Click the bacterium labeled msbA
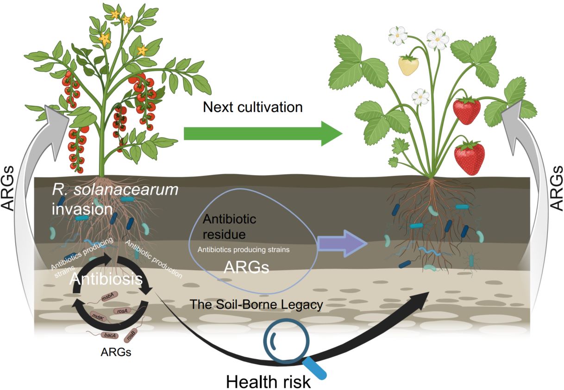tap(108, 300)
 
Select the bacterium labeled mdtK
tap(98, 317)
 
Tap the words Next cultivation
tap(253, 107)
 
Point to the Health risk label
tap(268, 381)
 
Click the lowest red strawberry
tap(469, 158)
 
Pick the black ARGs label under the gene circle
tap(116, 352)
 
